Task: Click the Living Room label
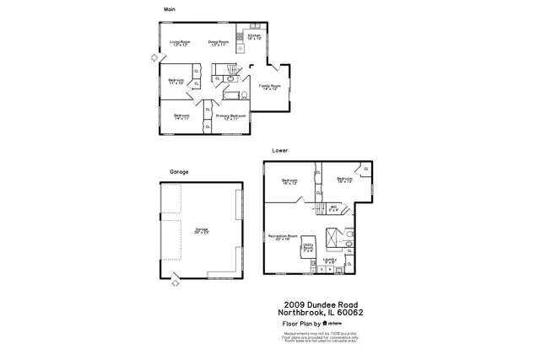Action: click(180, 41)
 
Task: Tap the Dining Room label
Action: click(219, 41)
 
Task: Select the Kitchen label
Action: click(255, 35)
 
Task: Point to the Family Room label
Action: click(269, 87)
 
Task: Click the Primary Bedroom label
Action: click(230, 116)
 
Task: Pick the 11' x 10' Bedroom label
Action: click(175, 83)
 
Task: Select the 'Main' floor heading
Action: click(170, 9)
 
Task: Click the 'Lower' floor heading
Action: click(279, 150)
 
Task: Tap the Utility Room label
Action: click(308, 247)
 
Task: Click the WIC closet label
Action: click(334, 207)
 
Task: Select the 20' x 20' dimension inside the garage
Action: click(201, 231)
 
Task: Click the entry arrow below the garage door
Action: click(175, 284)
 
